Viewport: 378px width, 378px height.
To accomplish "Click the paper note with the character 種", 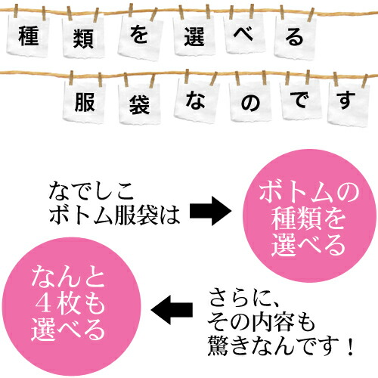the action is click(x=28, y=36).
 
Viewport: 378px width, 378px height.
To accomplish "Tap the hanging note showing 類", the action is click(x=83, y=37).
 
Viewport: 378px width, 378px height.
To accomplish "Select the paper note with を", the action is click(x=140, y=36).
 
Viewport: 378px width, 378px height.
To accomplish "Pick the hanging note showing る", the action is click(x=295, y=37).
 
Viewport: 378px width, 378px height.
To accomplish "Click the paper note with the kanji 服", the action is click(x=85, y=101).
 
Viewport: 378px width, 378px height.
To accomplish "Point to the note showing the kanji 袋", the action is click(x=139, y=103).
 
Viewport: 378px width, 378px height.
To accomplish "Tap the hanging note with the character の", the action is click(x=250, y=101).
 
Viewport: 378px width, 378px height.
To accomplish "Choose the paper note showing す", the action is click(x=349, y=103).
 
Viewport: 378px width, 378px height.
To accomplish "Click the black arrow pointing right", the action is click(x=211, y=211).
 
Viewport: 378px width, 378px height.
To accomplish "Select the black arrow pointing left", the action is click(x=172, y=309).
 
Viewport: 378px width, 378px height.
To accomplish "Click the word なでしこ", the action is click(x=91, y=191).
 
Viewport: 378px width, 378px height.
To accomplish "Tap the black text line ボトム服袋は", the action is click(x=114, y=215).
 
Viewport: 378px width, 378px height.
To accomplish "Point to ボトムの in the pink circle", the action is click(x=309, y=192).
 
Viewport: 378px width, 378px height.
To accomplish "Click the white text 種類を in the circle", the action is click(x=308, y=218).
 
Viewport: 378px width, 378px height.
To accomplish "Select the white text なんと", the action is click(x=68, y=277).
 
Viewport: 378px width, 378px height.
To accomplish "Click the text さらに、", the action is click(x=244, y=299).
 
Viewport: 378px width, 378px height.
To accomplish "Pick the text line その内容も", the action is click(x=262, y=323).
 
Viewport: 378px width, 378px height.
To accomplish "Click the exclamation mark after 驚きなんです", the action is click(x=350, y=346).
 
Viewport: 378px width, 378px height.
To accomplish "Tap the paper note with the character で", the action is click(x=301, y=100).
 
